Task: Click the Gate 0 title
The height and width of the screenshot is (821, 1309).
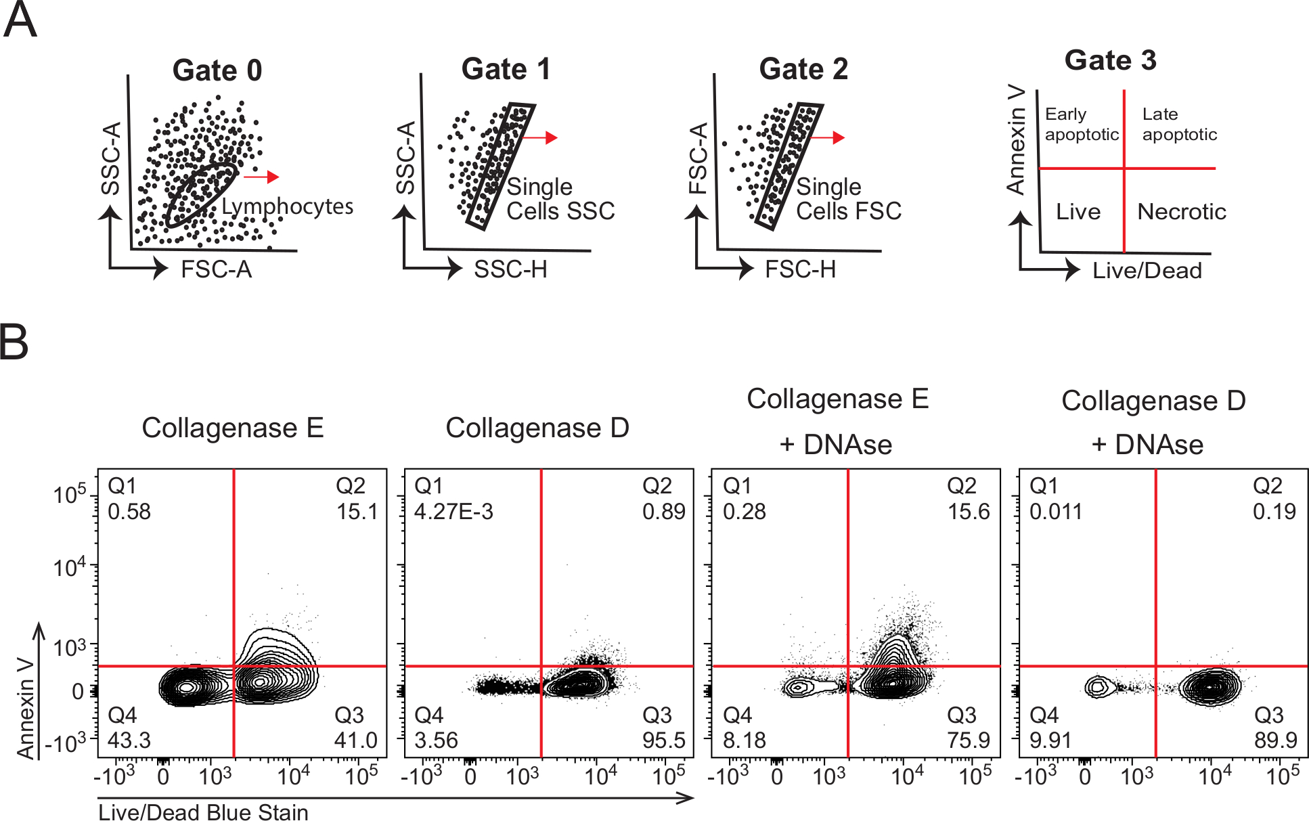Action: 217,70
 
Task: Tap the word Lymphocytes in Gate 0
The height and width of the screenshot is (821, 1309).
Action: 287,206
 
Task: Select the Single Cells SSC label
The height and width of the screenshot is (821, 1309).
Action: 560,199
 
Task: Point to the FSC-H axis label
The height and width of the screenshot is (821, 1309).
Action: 800,269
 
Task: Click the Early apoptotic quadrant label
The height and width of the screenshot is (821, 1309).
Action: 1081,124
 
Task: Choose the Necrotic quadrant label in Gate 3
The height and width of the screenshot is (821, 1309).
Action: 1181,212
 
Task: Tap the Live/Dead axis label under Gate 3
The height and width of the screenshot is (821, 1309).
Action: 1147,271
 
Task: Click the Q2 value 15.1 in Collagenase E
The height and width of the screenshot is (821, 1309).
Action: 357,512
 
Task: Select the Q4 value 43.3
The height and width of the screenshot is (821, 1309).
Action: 129,740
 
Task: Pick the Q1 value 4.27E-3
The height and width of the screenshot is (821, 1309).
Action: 453,512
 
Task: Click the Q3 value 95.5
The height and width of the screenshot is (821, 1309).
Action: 664,740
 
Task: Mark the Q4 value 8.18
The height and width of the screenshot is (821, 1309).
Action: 745,740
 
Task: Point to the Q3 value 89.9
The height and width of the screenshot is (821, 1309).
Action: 1276,740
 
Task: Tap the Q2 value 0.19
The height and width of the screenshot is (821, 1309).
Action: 1274,512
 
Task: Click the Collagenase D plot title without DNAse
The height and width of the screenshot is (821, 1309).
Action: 537,428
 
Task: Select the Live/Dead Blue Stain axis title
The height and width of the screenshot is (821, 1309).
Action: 203,812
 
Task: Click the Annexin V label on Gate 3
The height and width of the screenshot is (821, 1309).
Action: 1016,140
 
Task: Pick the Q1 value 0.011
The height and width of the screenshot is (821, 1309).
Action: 1055,512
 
